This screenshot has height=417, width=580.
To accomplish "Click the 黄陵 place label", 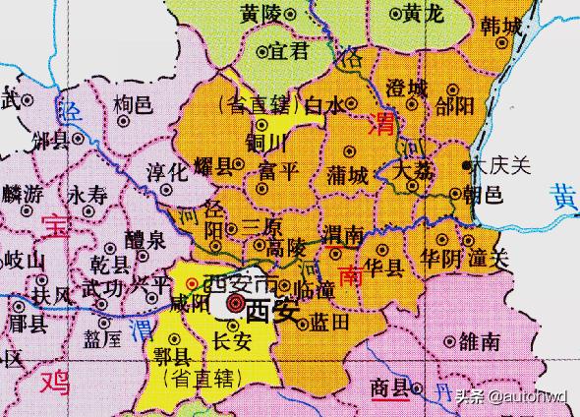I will point(260,14).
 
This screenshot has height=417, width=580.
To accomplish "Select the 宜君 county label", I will point(290,51).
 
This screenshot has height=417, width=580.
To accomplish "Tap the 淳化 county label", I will point(165,169).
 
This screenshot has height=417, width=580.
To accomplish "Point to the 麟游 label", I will point(23,195).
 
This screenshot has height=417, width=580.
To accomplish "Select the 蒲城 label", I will point(349,177).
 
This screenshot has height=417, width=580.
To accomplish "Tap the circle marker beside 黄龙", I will point(395,15).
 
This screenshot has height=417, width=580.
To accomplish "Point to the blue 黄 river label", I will point(563,197).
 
